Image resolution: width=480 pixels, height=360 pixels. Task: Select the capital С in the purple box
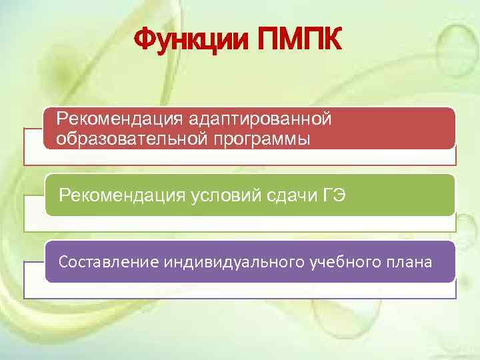(x=63, y=262)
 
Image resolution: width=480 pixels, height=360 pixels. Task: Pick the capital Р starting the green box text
(x=64, y=195)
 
